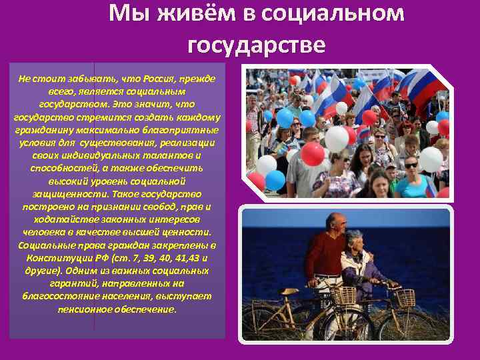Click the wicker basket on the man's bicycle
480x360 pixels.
coord(344,296)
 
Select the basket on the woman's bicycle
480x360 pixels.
coord(405,298)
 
